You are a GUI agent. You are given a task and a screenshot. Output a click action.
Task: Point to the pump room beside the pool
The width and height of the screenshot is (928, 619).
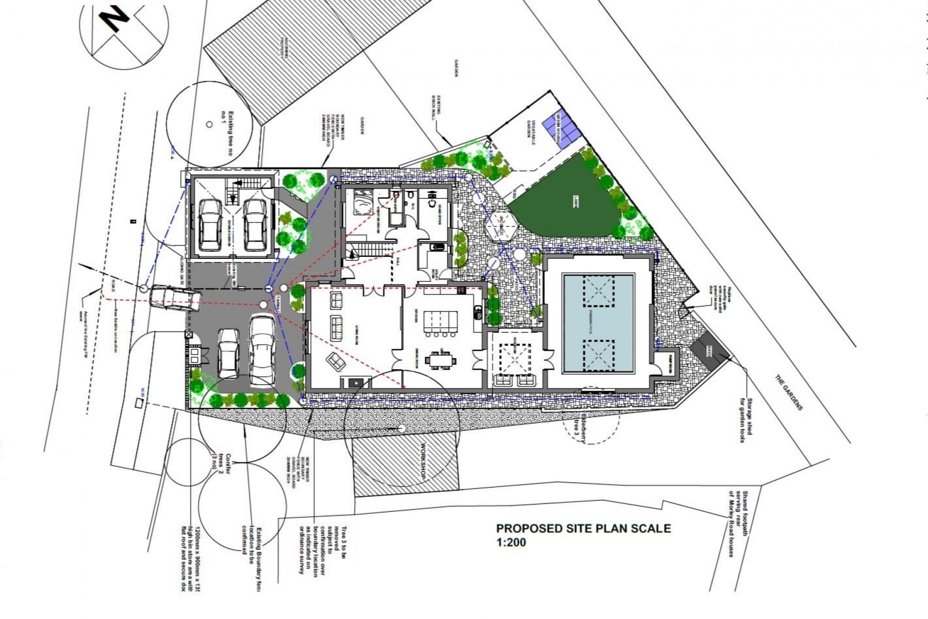tap(670, 361)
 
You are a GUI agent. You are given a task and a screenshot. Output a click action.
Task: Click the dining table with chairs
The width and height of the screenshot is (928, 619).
tap(440, 360)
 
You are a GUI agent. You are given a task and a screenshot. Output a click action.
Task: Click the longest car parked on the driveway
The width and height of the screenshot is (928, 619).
tap(261, 350)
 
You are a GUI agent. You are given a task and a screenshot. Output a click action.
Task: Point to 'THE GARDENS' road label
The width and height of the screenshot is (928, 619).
tap(789, 392)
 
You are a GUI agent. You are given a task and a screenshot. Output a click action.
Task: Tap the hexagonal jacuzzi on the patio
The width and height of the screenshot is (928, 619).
tap(500, 225)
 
